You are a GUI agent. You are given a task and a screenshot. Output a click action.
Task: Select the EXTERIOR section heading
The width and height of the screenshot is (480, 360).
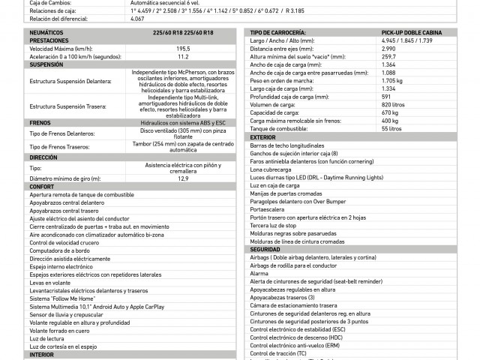pos(263,138)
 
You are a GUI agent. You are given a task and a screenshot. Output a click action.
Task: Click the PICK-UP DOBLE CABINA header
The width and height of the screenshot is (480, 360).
pos(411,33)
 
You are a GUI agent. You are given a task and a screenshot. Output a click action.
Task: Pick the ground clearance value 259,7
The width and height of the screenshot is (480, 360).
pos(390,56)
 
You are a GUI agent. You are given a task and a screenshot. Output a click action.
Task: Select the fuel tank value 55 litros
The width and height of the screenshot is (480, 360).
pos(391,129)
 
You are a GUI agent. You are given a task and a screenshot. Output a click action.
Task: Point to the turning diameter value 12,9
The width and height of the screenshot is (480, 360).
pos(183,178)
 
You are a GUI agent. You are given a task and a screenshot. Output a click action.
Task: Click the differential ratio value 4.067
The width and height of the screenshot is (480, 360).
pos(136,19)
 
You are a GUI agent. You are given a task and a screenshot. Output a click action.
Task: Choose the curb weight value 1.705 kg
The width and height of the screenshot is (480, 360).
pos(392,80)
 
